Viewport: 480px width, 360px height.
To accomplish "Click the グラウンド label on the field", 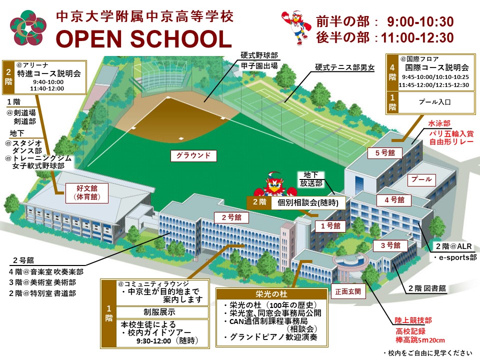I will click(193, 155).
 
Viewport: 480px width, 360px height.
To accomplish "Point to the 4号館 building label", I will click(397, 200).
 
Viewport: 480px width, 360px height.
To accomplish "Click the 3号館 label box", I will click(387, 245).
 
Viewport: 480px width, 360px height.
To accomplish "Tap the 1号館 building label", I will click(330, 226).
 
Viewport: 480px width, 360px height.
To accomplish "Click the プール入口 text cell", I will click(434, 102).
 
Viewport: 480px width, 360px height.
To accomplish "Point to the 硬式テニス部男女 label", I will click(344, 67).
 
